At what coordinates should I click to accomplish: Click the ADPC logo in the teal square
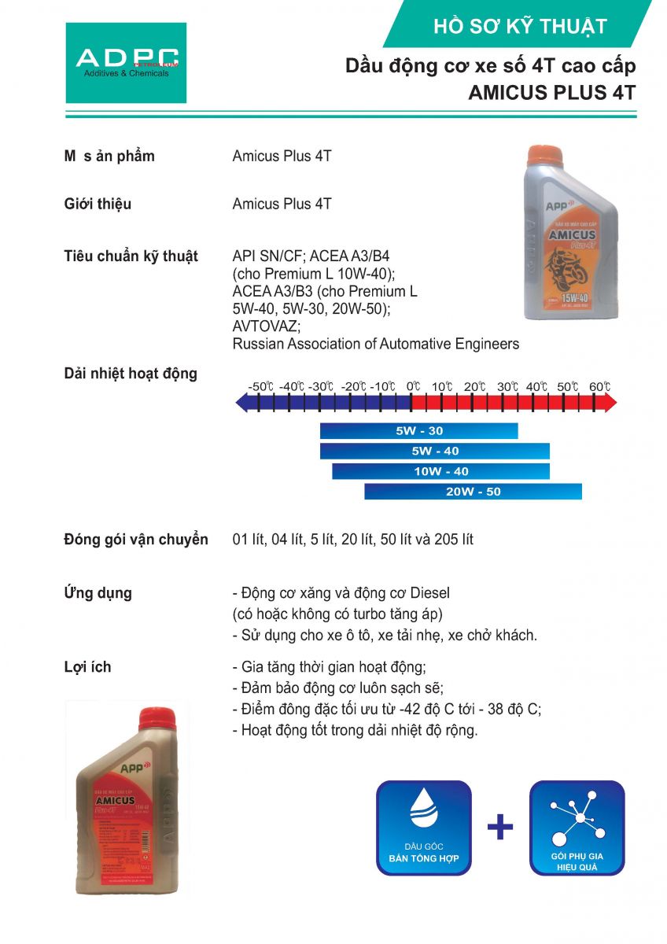coord(126,62)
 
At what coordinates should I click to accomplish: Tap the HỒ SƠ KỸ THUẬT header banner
coord(520,26)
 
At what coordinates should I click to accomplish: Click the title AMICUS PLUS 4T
coord(551,92)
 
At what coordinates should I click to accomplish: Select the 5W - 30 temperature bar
coord(418,431)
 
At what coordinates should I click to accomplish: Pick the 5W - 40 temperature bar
coord(434,451)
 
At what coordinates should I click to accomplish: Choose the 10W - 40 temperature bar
coord(440,471)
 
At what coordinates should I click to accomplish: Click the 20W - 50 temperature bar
coord(473,492)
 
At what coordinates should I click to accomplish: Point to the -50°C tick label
coord(260,387)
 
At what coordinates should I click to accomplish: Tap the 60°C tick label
coord(599,387)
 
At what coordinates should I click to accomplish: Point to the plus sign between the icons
coord(500,827)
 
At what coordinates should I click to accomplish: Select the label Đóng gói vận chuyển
coord(136,540)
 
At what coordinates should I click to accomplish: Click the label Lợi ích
coord(87,667)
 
